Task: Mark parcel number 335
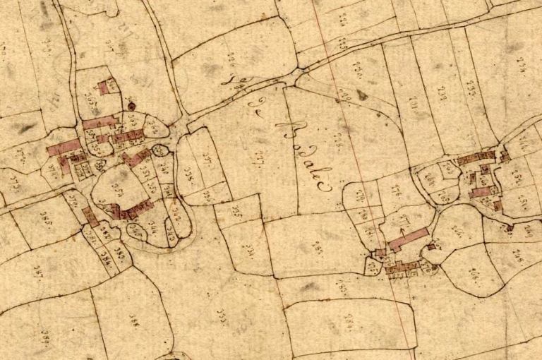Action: [236, 210]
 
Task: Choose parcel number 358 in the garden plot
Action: [116, 191]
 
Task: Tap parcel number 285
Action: [341, 285]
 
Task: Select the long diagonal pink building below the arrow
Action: [408, 239]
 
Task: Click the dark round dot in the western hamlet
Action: [131, 106]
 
